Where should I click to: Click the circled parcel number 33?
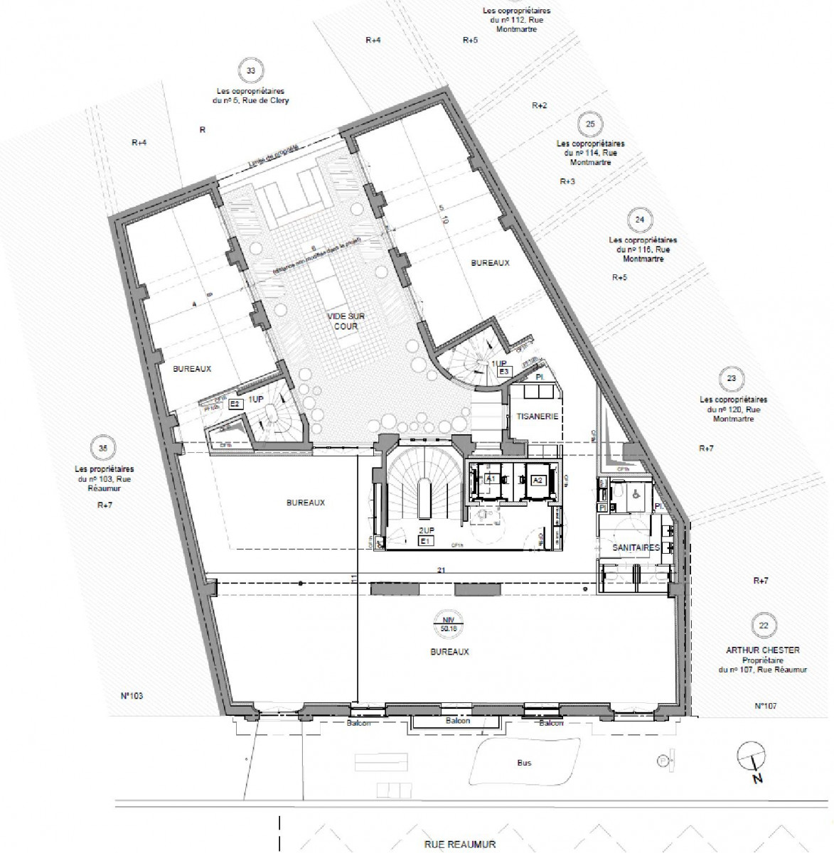(250, 71)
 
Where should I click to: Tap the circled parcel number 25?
(590, 124)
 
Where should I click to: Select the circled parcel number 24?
(640, 220)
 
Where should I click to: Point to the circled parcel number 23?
(732, 379)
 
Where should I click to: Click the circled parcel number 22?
(764, 626)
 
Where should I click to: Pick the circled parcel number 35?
(104, 449)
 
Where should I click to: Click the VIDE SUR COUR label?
(343, 321)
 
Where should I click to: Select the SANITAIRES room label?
(636, 548)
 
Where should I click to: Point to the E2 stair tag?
(236, 404)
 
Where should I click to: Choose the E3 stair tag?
(504, 372)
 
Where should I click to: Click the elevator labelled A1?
(491, 480)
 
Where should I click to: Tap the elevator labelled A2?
(538, 481)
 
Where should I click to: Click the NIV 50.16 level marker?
(449, 623)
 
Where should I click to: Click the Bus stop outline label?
(524, 763)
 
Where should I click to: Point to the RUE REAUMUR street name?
(460, 844)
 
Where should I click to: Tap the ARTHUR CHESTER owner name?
(762, 650)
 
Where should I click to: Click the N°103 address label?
(132, 696)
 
